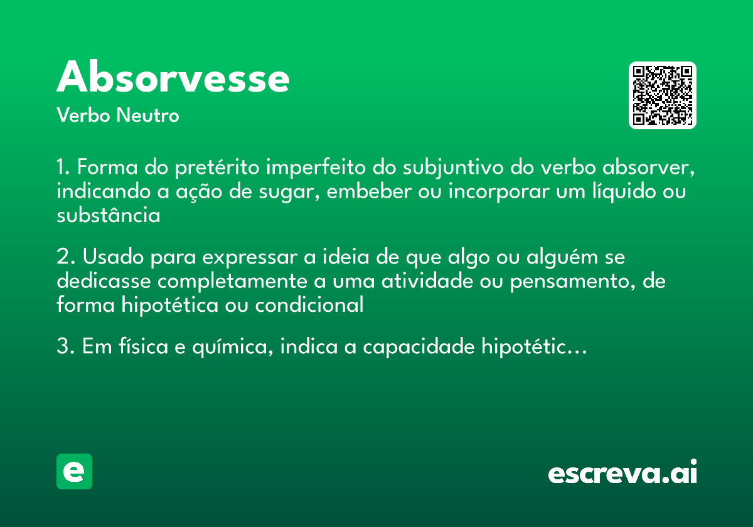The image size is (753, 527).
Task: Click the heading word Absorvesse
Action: point(173,78)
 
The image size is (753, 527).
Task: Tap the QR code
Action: point(663,95)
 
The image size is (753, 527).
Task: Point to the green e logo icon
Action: point(74,471)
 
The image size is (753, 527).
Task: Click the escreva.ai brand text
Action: point(622,472)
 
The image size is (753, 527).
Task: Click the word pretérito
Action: point(218,169)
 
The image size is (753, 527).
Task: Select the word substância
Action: point(108,216)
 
